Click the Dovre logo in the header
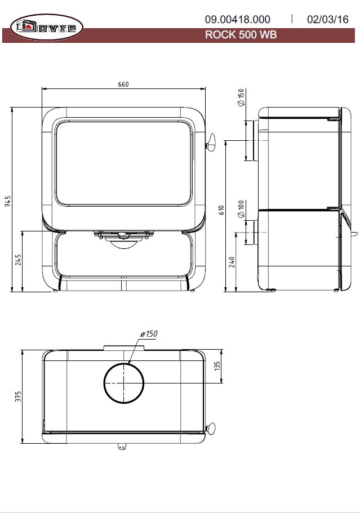point(46,27)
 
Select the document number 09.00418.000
point(238,19)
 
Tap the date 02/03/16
point(327,19)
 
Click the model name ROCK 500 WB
point(241,35)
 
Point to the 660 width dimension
point(123,84)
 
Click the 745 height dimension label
point(7,201)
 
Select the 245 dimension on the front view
point(18,260)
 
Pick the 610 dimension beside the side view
point(221,210)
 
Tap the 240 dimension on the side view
point(232,262)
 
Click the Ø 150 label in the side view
point(241,97)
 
